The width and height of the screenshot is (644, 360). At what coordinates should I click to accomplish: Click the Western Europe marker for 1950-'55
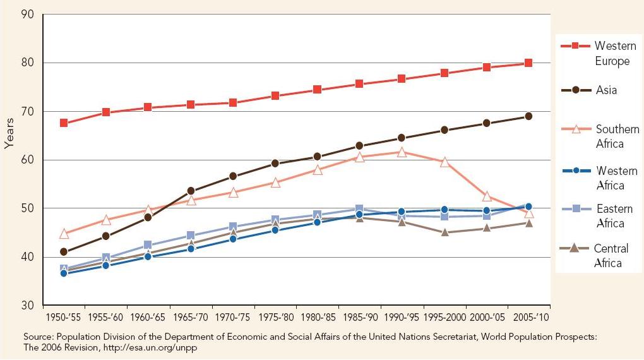point(64,123)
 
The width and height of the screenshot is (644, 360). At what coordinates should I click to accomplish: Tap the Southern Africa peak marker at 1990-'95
point(402,152)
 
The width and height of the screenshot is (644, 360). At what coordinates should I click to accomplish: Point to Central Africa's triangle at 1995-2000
point(444,232)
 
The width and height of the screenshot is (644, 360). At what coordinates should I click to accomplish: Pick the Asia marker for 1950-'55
point(64,252)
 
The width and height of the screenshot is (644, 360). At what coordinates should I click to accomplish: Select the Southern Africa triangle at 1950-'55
point(64,234)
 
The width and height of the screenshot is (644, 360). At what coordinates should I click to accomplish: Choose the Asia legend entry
point(606,90)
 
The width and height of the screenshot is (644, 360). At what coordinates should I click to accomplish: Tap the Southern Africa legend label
point(617,136)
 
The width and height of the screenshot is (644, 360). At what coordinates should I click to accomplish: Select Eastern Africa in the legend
point(614,215)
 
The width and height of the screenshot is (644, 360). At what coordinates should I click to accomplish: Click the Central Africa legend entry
point(611,256)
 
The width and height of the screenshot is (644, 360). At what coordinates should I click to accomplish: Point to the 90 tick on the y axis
point(28,14)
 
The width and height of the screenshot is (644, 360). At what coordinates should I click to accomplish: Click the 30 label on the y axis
point(28,306)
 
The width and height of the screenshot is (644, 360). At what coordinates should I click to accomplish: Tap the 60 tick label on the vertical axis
point(28,160)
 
